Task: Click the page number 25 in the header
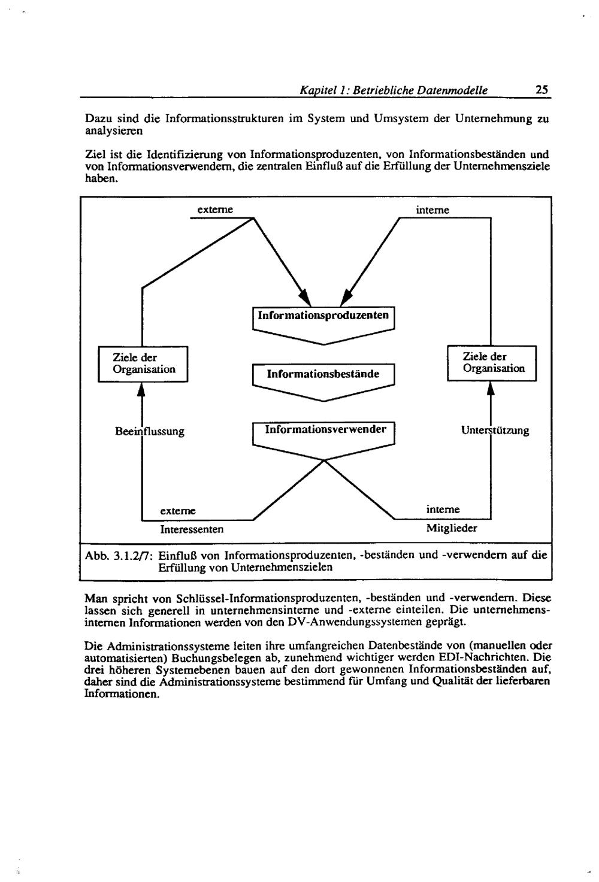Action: pyautogui.click(x=541, y=90)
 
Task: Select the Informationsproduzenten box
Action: pyautogui.click(x=323, y=316)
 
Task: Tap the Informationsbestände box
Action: pyautogui.click(x=323, y=374)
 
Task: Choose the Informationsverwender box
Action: pyautogui.click(x=323, y=430)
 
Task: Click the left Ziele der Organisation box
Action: pyautogui.click(x=144, y=363)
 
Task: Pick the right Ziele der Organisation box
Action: pyautogui.click(x=492, y=363)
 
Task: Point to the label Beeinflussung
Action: pyautogui.click(x=150, y=431)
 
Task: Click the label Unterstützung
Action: pyautogui.click(x=495, y=431)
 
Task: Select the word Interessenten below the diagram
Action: pyautogui.click(x=192, y=529)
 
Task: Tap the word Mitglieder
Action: pyautogui.click(x=452, y=529)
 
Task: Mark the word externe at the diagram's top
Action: pyautogui.click(x=214, y=210)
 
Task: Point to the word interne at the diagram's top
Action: pyautogui.click(x=432, y=210)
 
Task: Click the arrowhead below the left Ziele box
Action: pyautogui.click(x=141, y=390)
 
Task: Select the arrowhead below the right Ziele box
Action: pyautogui.click(x=491, y=389)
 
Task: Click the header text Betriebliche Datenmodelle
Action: pyautogui.click(x=420, y=90)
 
